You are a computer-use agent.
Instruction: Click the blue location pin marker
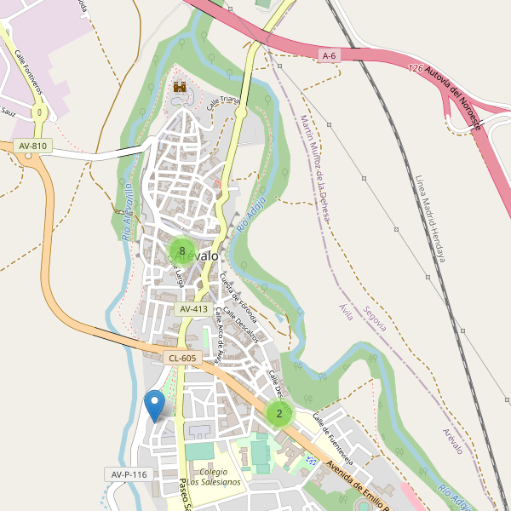tap(154, 405)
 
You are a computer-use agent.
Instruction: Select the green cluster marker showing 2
tap(278, 414)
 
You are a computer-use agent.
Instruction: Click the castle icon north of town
tap(180, 86)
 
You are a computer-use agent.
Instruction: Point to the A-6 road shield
tap(330, 55)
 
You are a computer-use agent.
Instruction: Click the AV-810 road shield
tap(32, 146)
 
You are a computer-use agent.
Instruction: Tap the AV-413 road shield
tap(193, 309)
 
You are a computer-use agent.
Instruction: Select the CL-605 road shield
tap(182, 359)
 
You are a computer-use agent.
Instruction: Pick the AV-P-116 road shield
tap(129, 474)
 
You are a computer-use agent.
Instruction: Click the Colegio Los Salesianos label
tap(215, 477)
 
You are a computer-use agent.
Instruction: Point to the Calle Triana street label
tap(225, 102)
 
